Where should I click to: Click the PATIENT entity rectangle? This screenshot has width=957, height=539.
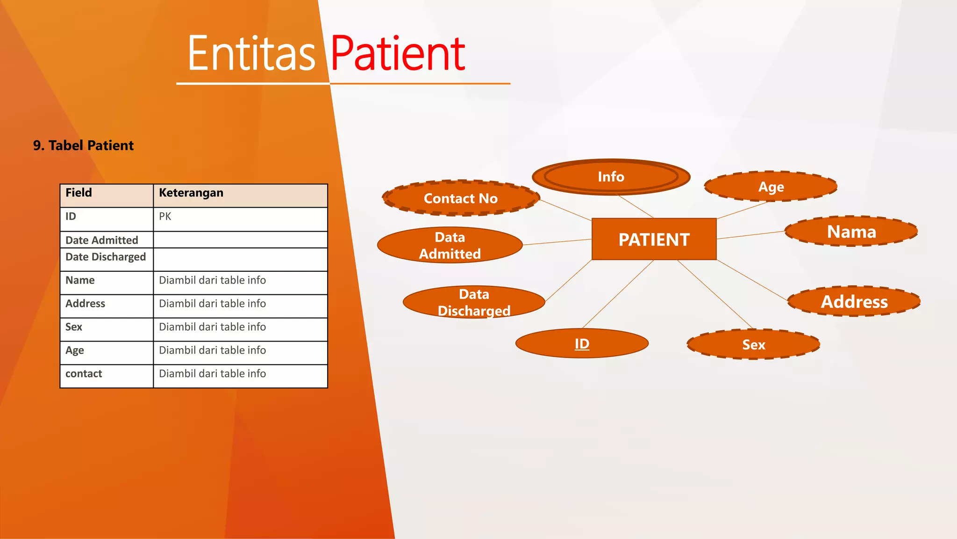click(654, 239)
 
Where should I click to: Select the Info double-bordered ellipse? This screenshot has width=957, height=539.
click(611, 177)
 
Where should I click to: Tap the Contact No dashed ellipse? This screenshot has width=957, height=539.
click(461, 198)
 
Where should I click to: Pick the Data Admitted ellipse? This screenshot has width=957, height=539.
click(450, 245)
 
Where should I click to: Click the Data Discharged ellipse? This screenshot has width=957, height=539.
click(474, 302)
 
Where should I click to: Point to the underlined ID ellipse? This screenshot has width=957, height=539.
click(582, 343)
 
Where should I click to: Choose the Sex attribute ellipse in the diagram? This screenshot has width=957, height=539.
click(753, 345)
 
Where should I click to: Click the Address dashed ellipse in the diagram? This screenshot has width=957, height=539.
click(854, 301)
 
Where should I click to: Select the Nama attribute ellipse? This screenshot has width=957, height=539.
click(851, 232)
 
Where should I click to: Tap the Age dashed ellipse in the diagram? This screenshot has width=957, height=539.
click(771, 187)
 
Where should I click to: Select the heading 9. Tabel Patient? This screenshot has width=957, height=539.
click(83, 146)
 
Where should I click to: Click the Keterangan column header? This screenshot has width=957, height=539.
click(191, 193)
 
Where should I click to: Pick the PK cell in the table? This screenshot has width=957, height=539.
click(165, 217)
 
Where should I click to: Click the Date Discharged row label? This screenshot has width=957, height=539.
click(106, 257)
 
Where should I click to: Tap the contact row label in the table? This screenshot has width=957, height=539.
click(84, 374)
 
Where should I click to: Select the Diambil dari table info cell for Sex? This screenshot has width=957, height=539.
click(212, 327)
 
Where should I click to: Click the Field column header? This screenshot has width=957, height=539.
click(79, 193)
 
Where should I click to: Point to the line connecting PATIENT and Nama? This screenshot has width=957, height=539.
click(750, 235)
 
